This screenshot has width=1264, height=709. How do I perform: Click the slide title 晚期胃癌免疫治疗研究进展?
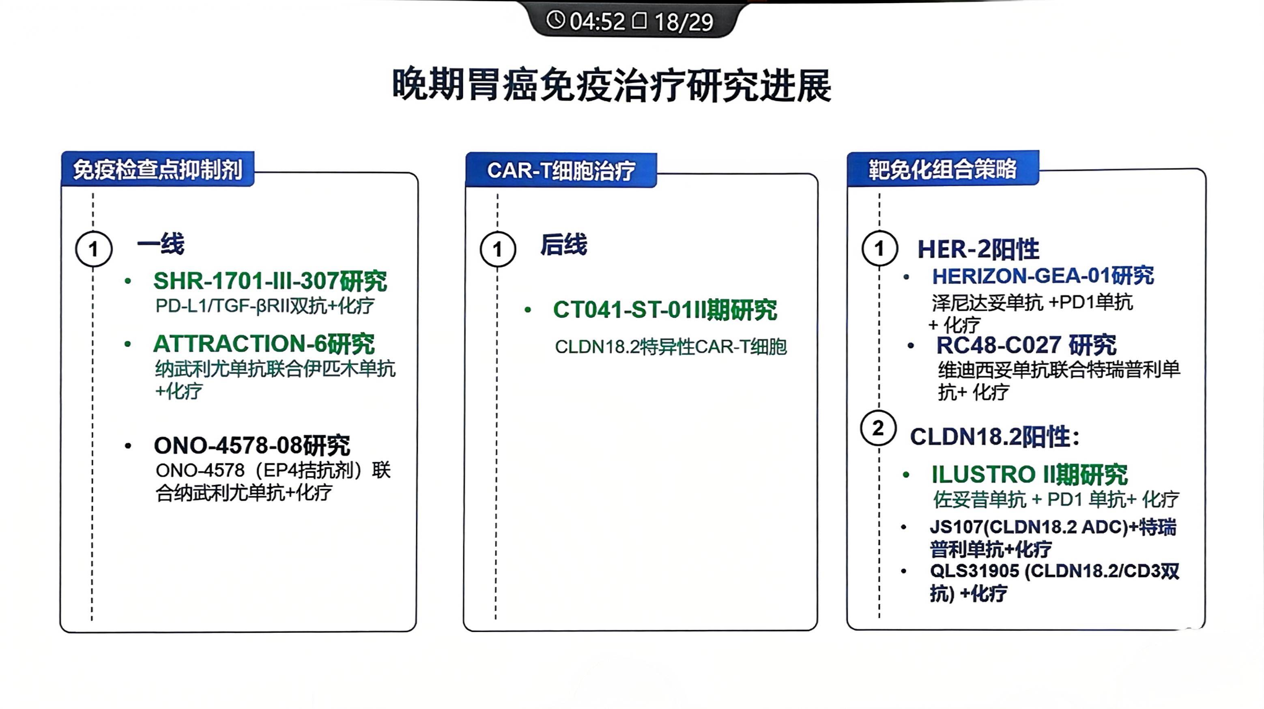[x=611, y=84]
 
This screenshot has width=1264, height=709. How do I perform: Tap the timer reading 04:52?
[x=597, y=21]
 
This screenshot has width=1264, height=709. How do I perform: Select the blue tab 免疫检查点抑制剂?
[x=157, y=169]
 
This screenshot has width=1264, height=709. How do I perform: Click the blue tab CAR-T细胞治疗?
[x=561, y=170]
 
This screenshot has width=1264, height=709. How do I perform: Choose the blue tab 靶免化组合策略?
[x=943, y=169]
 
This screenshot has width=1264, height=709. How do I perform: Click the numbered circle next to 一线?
[x=94, y=249]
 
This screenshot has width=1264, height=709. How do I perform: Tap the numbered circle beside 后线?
[x=498, y=249]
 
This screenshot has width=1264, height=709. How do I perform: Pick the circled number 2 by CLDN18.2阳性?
[x=878, y=428]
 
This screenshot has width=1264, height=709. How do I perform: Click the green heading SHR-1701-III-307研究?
[x=270, y=281]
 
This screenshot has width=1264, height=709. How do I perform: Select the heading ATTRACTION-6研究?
[x=264, y=344]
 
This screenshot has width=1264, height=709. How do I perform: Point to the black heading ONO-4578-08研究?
[x=252, y=445]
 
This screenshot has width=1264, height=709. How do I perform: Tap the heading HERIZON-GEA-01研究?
[x=1043, y=276]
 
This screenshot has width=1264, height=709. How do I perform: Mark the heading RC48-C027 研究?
[x=1026, y=345]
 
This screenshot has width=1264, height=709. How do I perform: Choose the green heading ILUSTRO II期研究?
[x=1030, y=475]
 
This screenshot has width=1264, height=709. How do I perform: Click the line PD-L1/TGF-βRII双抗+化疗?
[x=264, y=306]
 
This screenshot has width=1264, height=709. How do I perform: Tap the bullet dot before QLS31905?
[x=903, y=571]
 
